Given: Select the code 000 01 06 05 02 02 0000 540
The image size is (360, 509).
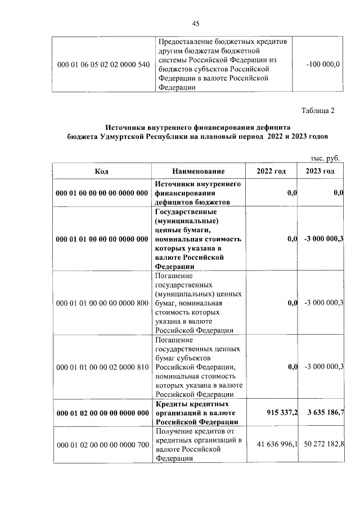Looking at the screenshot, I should click(x=103, y=65).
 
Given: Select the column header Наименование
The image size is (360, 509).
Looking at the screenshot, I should click(x=199, y=171).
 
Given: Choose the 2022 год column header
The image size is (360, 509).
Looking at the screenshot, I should click(x=271, y=171).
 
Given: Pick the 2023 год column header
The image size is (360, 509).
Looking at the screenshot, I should click(x=320, y=171).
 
